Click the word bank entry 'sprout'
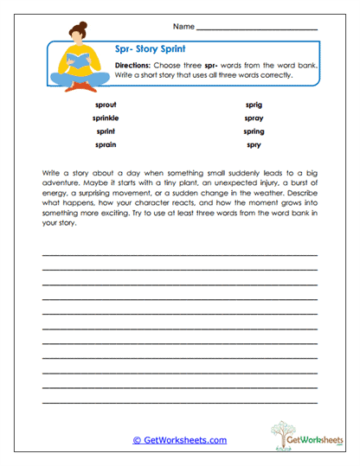pos(107,104)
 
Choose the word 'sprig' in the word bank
pos(254,104)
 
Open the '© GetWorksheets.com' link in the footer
pos(180,440)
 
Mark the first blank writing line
pos(180,255)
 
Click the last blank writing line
pos(180,403)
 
